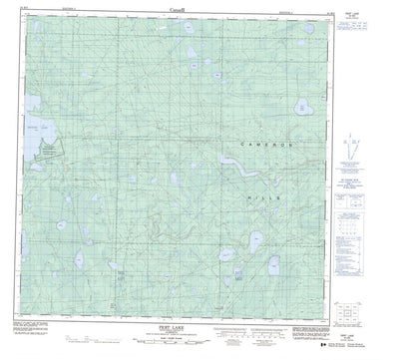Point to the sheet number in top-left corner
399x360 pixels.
[16, 12]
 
